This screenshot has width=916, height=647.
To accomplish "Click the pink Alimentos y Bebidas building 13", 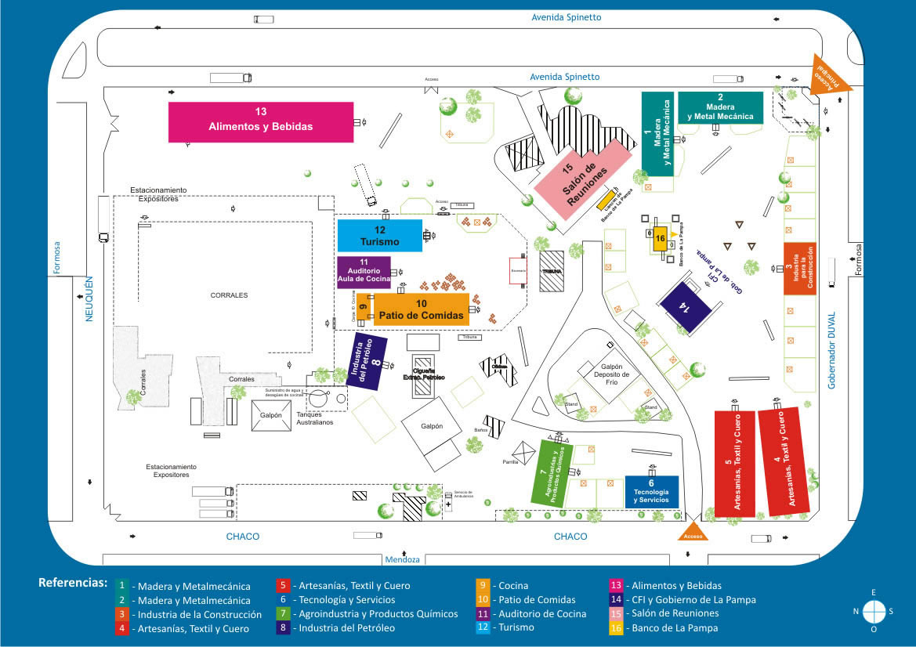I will click(261, 121).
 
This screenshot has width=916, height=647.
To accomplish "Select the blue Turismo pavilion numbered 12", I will click(380, 236).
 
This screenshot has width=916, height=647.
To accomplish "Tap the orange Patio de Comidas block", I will click(422, 309).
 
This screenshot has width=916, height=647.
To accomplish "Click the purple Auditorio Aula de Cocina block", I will click(364, 272).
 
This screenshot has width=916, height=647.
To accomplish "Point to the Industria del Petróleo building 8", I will click(367, 361).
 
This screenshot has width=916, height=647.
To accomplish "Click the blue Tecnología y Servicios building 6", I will click(651, 491).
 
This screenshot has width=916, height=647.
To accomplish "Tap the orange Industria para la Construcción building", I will click(799, 269).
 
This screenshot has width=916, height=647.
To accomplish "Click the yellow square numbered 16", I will click(661, 238).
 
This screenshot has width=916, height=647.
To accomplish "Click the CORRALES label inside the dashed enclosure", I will click(229, 295).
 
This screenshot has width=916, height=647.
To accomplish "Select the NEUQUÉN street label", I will click(89, 298).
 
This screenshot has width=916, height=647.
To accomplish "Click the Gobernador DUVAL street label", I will click(832, 351).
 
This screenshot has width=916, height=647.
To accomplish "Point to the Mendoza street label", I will click(403, 560).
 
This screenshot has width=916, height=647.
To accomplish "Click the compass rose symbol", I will click(874, 611).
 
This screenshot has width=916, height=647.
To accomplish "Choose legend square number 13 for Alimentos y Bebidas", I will click(617, 585).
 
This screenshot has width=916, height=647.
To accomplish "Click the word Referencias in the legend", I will click(72, 583).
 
